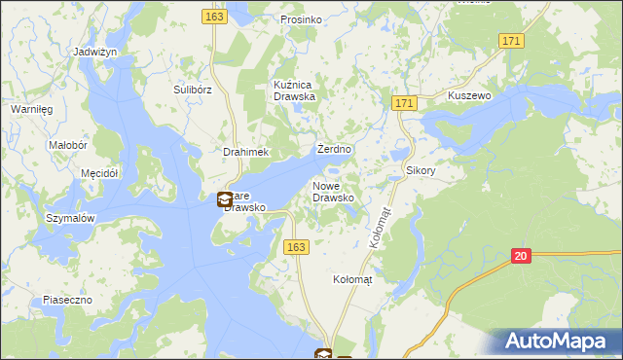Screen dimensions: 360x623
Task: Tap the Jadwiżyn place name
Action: pos(95,51)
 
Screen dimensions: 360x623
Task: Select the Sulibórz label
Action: pos(193,90)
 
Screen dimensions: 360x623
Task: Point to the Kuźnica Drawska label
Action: pos(295,90)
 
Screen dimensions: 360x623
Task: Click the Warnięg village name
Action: pos(30,109)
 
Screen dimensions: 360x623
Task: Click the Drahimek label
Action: pos(245,153)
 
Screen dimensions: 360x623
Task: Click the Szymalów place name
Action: pos(70,219)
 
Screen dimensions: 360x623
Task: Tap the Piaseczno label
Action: pos(67,300)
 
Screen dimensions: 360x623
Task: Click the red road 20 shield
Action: pos(522,255)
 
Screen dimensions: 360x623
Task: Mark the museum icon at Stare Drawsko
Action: pos(225,200)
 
